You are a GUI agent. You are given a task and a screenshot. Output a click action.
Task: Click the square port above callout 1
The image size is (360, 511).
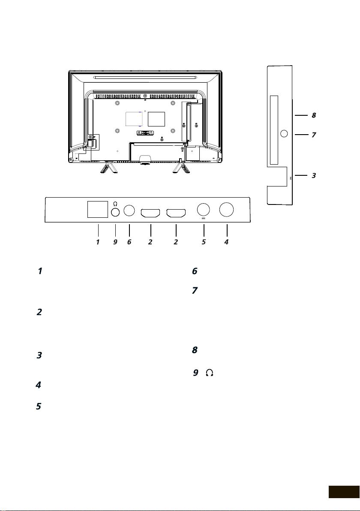point(98,209)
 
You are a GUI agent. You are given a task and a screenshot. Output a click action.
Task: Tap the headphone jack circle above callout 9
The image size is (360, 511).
point(115,212)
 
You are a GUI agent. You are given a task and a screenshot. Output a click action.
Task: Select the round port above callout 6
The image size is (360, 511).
point(129,210)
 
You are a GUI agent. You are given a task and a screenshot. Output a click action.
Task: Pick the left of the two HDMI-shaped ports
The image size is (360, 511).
point(150,213)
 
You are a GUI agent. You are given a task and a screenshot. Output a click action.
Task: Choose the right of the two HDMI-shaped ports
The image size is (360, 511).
point(176,213)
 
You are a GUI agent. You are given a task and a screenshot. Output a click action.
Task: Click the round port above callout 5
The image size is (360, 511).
point(204,209)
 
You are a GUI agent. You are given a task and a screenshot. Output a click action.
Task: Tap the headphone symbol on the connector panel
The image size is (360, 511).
point(115,204)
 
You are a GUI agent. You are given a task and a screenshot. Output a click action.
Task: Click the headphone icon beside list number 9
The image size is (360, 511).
point(210,373)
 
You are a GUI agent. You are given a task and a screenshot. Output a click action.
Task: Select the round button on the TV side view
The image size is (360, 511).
point(284,134)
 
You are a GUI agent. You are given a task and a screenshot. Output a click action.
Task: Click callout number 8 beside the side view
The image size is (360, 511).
point(314,115)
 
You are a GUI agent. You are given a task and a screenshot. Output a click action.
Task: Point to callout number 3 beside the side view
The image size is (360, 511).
point(314,175)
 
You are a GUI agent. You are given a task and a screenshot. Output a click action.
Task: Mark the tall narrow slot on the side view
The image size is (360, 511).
point(274,130)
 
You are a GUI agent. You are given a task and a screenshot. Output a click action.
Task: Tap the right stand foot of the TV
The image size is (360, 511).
point(181,168)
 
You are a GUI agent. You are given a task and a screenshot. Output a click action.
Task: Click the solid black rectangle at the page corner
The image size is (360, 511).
point(344,492)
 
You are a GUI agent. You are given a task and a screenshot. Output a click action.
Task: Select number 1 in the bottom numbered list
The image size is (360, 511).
point(40,271)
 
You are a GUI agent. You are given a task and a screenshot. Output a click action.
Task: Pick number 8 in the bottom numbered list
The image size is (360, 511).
point(195,350)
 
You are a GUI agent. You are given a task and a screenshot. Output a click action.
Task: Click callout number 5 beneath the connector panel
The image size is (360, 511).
point(204,242)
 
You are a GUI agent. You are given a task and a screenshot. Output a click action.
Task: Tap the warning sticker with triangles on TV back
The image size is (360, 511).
point(145,133)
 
